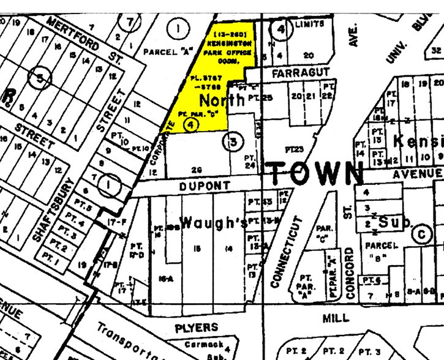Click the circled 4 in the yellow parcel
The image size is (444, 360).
(191, 124)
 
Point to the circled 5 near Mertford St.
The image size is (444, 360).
(40, 78)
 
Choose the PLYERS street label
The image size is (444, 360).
(197, 328)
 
